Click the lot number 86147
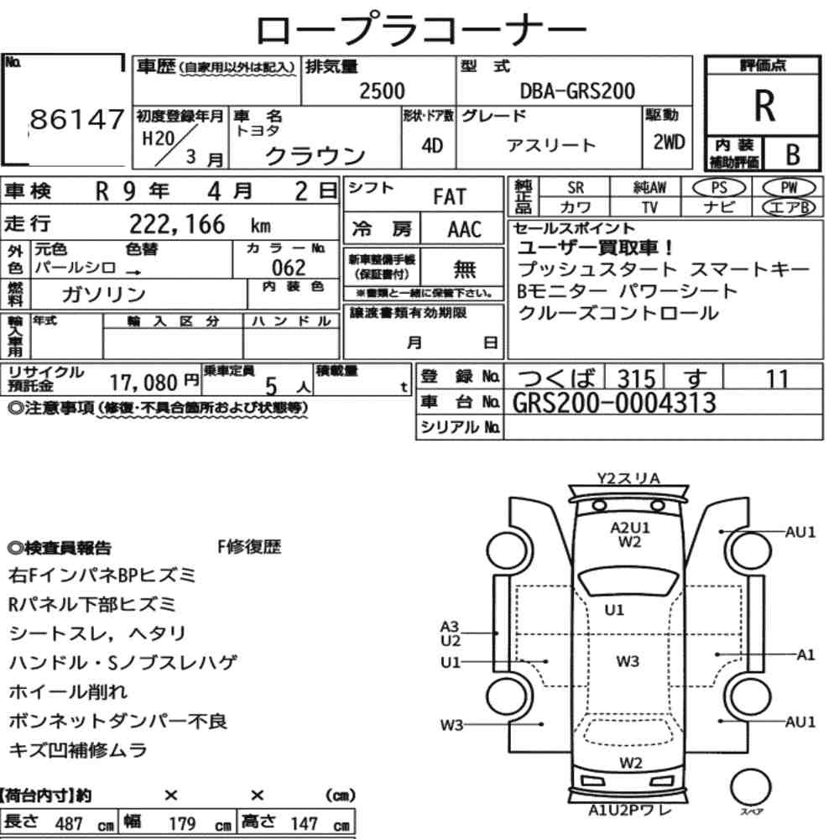(x=76, y=119)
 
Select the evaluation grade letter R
(x=764, y=106)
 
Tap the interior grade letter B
(x=793, y=154)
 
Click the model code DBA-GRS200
(x=577, y=91)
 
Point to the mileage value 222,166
(x=177, y=224)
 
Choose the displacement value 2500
(x=382, y=91)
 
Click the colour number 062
(x=289, y=268)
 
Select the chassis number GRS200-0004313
(x=614, y=403)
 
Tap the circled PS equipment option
(x=719, y=188)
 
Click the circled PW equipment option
(x=789, y=188)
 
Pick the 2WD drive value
(x=669, y=143)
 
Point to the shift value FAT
(x=450, y=197)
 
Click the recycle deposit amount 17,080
(x=143, y=383)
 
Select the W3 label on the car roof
(x=627, y=661)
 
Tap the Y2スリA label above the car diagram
(x=628, y=478)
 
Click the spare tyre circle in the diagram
(x=750, y=788)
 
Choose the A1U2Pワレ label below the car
(x=629, y=810)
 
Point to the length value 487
(x=69, y=824)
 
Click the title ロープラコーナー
(x=421, y=30)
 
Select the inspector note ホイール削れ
(x=68, y=692)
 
